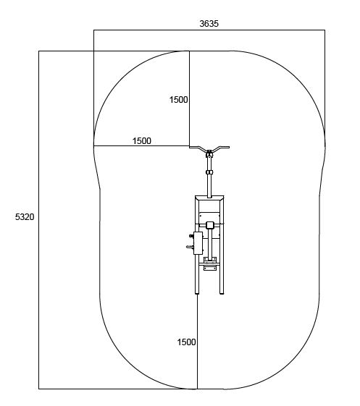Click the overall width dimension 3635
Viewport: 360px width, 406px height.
point(209,24)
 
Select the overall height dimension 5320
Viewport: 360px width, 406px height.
point(25,217)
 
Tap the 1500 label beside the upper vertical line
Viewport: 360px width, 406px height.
point(178,100)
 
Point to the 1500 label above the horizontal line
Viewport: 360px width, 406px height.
point(142,141)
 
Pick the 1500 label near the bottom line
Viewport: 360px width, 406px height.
point(186,342)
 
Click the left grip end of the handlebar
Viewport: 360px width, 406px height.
point(191,147)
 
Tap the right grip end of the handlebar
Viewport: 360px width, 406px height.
point(228,147)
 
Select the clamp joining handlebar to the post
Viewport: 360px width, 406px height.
point(209,153)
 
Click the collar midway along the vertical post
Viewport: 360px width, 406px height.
point(209,172)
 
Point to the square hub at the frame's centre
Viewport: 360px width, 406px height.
point(209,225)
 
